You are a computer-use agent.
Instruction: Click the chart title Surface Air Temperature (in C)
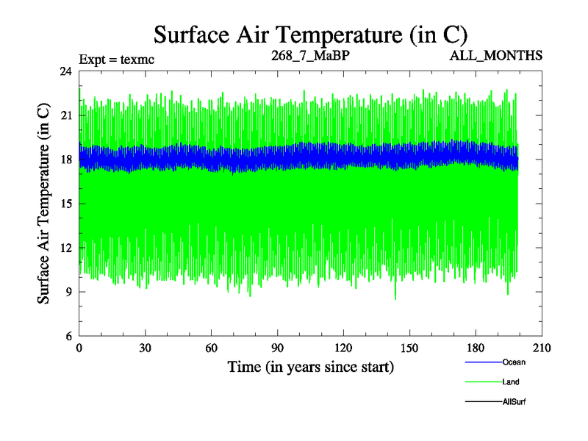click(x=310, y=35)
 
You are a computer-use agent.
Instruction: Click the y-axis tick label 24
click(x=65, y=71)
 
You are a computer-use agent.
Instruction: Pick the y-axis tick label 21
click(x=65, y=115)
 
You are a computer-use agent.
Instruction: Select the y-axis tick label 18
click(x=65, y=159)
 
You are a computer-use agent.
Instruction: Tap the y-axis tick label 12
click(x=65, y=248)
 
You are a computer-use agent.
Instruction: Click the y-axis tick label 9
click(x=68, y=292)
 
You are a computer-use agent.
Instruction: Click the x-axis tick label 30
click(x=146, y=348)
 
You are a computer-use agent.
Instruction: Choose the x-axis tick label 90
click(x=278, y=348)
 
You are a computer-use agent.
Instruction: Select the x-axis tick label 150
click(x=410, y=348)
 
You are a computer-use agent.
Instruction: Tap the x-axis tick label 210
click(x=542, y=348)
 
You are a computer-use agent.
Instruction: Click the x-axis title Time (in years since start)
click(x=310, y=366)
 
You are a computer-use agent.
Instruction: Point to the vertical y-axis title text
click(x=44, y=204)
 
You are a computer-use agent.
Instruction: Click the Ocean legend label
click(x=514, y=362)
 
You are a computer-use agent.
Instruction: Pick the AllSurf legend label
click(x=514, y=401)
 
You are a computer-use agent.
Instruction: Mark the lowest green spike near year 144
click(x=395, y=298)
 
